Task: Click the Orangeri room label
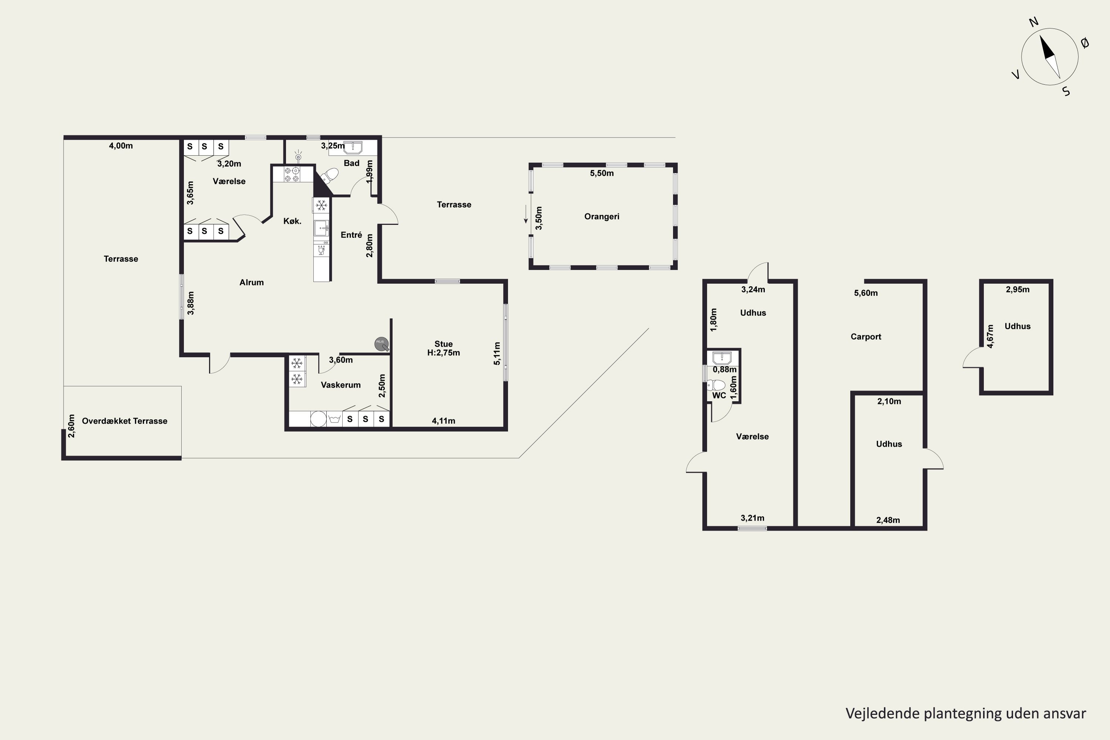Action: pyautogui.click(x=602, y=216)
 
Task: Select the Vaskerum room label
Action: pyautogui.click(x=341, y=385)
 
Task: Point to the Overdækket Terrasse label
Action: pyautogui.click(x=125, y=421)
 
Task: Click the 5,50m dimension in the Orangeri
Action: pyautogui.click(x=602, y=173)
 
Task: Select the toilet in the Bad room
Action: pyautogui.click(x=329, y=176)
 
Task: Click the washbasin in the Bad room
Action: pyautogui.click(x=353, y=147)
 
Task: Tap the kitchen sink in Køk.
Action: pyautogui.click(x=322, y=228)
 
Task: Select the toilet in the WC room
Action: pyautogui.click(x=716, y=385)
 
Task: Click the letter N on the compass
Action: pyautogui.click(x=1033, y=22)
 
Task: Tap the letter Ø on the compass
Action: pyautogui.click(x=1085, y=43)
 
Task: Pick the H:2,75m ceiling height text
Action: pyautogui.click(x=444, y=353)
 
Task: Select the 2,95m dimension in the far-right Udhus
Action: pyautogui.click(x=1017, y=290)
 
